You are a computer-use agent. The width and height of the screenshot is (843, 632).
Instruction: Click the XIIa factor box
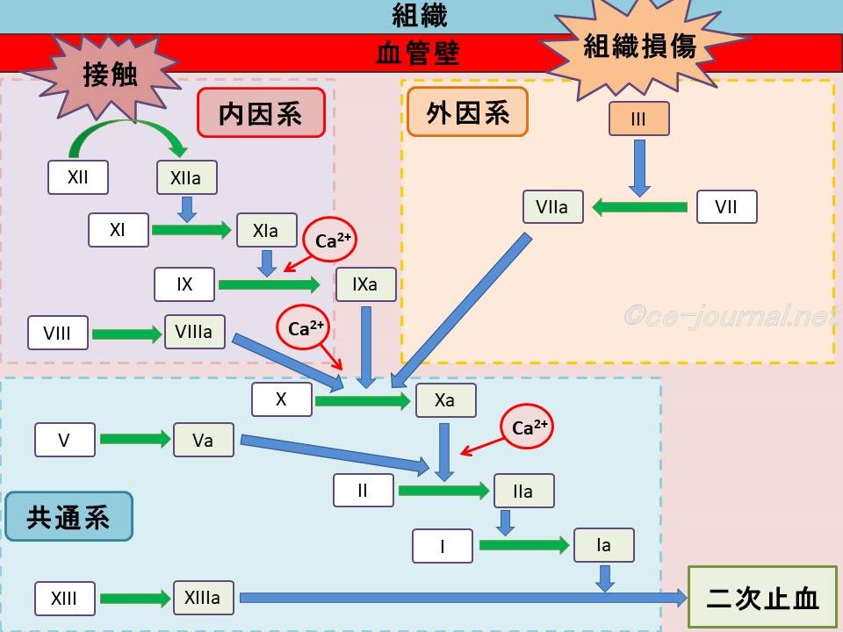pos(186,178)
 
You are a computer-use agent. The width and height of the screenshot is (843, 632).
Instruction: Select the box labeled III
pos(638,118)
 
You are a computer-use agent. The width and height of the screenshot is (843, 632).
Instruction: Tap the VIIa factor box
pos(551,207)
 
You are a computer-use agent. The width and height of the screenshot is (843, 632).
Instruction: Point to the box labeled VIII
pos(57,334)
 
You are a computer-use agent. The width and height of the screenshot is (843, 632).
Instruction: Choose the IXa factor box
pos(365,284)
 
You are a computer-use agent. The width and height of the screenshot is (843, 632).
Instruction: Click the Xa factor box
pos(445,399)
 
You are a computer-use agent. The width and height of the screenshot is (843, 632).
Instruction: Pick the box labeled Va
pos(203,440)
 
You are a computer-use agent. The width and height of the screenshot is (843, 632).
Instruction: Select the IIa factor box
pos(523,492)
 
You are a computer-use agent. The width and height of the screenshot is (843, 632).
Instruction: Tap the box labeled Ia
pos(603,545)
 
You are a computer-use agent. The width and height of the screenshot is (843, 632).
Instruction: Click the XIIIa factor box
pos(203,599)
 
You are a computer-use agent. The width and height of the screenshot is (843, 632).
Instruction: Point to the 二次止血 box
pos(762,599)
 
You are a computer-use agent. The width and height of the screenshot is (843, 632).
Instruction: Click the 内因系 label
pos(260,112)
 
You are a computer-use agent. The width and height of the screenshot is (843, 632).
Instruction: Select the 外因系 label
pos(467,111)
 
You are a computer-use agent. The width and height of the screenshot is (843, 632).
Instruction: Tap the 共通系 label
pos(68,516)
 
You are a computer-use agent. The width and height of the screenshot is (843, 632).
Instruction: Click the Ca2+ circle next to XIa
pos(327,241)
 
